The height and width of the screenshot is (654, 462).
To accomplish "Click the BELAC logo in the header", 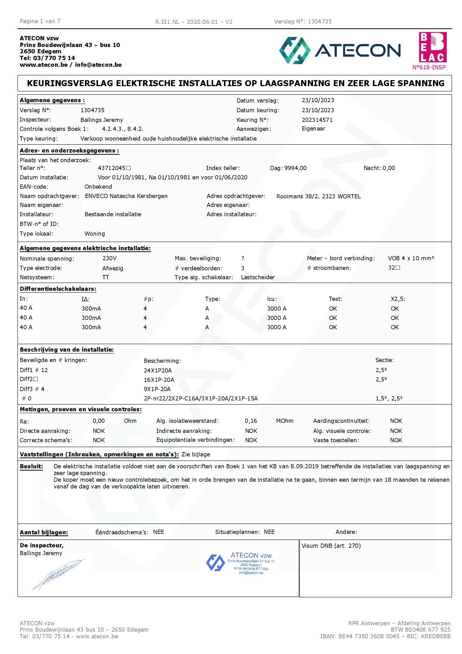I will pos(433,47).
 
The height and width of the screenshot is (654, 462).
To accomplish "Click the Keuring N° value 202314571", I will pos(317,120).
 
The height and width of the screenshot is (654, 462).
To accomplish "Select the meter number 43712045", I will pos(112,168).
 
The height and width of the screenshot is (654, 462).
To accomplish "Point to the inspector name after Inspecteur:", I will pos(102,120).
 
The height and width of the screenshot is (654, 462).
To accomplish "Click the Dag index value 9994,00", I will pos(295,168).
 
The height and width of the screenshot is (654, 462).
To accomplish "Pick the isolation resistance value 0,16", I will pos(251,421).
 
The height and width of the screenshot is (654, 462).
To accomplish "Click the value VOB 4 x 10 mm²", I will pos(411,258).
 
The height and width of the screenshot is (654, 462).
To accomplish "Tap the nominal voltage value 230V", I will pos(110,258).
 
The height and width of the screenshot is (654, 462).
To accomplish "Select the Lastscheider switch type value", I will pos(258,277).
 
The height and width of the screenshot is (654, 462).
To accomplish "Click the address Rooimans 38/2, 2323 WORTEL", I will pos(319,196).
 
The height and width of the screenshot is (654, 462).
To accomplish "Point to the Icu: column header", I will pos(272,299).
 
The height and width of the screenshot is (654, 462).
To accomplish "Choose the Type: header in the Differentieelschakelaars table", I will pos(212,299).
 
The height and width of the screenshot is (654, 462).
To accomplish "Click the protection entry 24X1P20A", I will pos(158,370).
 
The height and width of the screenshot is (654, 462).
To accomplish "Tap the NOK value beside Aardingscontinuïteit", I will pos(396,421).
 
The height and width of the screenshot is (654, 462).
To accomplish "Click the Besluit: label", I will pos(31,466).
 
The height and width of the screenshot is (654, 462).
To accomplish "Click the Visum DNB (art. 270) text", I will pos(331,546).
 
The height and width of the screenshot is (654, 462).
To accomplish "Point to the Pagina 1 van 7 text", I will pos(40,21).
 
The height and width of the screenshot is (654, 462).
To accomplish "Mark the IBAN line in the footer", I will pos(385,636).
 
